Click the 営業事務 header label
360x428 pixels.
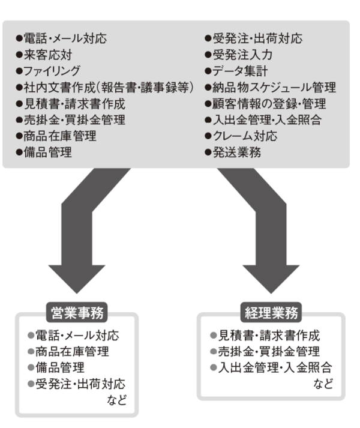click(x=77, y=313)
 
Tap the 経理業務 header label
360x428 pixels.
click(x=272, y=313)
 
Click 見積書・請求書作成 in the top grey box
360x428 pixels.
click(x=69, y=104)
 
